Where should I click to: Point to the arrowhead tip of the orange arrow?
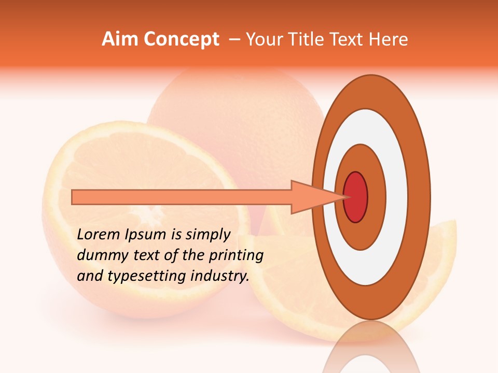point(344,197)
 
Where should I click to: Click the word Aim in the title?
point(120,39)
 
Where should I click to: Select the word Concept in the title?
point(181,39)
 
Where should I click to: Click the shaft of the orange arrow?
point(182,197)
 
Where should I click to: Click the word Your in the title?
point(264,39)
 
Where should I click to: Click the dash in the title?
point(234,40)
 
